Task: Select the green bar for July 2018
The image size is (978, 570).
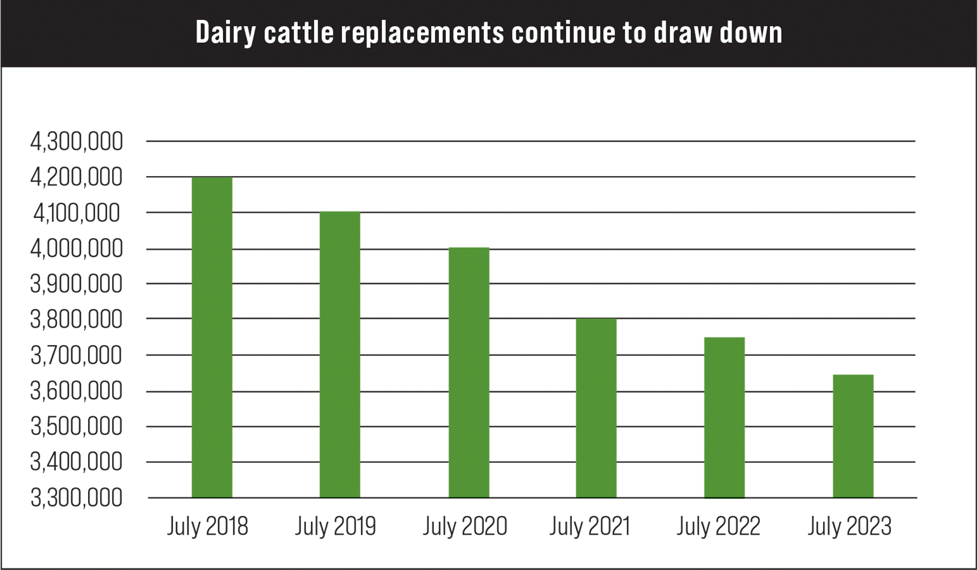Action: pos(212,337)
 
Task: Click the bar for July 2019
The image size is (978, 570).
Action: pos(340,354)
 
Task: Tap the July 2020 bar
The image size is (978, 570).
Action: pos(469,372)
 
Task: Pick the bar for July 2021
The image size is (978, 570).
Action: pos(596,408)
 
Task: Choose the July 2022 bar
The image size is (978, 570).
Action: pos(724,417)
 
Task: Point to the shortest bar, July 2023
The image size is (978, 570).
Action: pos(853,436)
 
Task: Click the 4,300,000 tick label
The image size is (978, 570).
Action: pos(77,142)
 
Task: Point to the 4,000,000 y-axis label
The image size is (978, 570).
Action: pos(77,249)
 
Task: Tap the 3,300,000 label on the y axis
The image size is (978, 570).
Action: pos(77,498)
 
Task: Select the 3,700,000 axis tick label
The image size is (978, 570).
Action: pos(77,356)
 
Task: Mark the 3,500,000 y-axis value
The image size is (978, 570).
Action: pos(77,427)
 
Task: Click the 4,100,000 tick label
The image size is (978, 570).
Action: pos(77,213)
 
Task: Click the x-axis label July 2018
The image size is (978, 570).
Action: pos(207,526)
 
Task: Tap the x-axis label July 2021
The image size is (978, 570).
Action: pos(590,526)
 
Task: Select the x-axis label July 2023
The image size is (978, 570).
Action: pos(849,526)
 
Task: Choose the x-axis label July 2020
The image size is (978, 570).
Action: pos(465,526)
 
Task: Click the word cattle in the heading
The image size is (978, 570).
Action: pos(298,33)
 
